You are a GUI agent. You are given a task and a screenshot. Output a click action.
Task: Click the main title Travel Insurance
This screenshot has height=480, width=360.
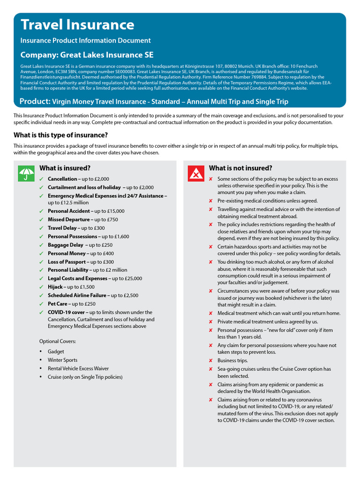coord(77,24)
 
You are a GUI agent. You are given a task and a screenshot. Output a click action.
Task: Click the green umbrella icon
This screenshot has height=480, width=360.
coord(26,173)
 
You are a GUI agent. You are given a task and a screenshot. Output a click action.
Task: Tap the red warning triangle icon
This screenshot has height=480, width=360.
coord(195,173)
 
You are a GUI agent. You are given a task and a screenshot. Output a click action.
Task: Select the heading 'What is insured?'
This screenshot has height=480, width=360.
coord(65,168)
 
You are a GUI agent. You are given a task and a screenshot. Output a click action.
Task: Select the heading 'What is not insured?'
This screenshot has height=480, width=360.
coord(240,168)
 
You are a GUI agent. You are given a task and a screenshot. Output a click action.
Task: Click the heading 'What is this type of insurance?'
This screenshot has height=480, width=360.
coord(60,135)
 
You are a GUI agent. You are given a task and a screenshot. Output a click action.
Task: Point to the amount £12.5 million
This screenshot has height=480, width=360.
coord(68,202)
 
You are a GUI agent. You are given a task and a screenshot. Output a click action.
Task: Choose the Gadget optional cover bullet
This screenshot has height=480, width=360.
coord(56,352)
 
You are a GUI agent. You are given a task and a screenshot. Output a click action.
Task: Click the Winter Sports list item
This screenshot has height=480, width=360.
coord(62,360)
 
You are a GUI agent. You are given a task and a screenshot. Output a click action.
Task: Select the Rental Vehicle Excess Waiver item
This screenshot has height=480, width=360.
coord(78,368)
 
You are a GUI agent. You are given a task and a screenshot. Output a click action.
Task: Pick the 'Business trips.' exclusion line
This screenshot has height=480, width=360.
coord(232,360)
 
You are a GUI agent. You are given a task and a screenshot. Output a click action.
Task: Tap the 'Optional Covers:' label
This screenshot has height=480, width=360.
coord(58,341)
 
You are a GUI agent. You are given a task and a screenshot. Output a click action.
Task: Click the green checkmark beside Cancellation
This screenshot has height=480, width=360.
coord(41,179)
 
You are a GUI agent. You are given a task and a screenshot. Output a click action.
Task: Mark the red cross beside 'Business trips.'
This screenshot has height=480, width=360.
coord(210,360)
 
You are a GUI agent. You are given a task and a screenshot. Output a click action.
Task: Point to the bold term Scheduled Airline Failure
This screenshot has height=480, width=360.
coord(77,295)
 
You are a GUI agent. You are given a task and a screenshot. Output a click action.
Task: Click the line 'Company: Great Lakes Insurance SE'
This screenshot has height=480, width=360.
coord(87,55)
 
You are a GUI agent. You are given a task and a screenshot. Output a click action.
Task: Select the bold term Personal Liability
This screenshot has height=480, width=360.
coord(69,270)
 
